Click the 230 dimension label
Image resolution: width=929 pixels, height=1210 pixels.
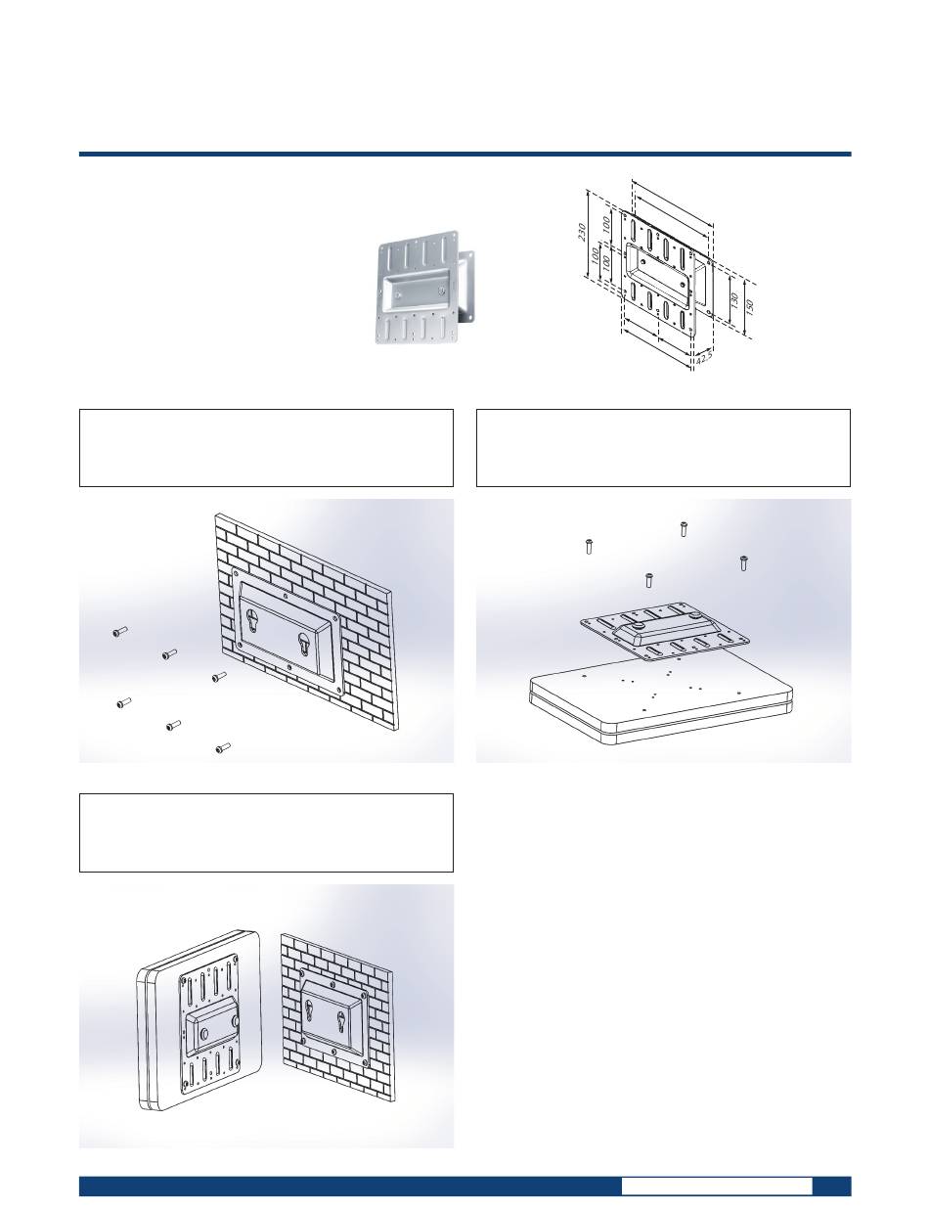(x=582, y=232)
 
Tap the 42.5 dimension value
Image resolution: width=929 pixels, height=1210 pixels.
(x=704, y=357)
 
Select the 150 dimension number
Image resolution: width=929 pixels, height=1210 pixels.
(x=750, y=305)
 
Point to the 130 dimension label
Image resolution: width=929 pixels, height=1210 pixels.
(x=735, y=300)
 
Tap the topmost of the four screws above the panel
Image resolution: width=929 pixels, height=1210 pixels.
(x=683, y=528)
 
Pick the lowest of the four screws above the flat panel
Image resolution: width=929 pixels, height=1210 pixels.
(x=648, y=579)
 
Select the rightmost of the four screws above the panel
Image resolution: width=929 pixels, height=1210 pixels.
(x=742, y=562)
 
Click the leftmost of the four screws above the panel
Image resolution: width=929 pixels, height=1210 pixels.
(x=589, y=546)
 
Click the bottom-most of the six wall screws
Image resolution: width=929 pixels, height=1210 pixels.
(x=223, y=748)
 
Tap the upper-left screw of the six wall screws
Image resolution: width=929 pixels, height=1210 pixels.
(x=119, y=632)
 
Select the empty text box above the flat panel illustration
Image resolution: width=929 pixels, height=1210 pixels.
(x=663, y=448)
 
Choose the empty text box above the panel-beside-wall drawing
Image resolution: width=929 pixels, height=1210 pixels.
(x=266, y=832)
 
